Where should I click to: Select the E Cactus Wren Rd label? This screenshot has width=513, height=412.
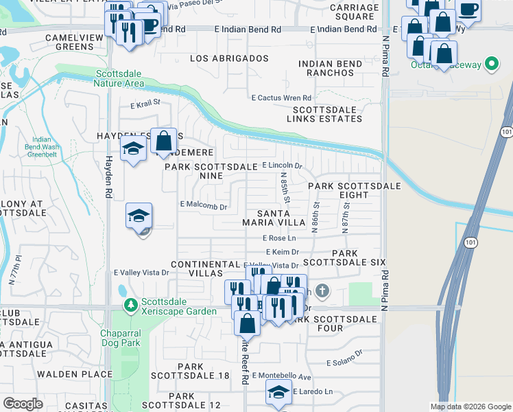(x=281, y=98)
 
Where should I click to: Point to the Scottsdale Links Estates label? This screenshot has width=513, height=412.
(x=327, y=114)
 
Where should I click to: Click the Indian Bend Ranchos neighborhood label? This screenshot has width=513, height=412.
(x=331, y=69)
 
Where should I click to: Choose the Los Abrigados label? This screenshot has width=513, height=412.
(x=228, y=59)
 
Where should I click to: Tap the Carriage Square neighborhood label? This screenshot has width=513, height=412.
(x=354, y=12)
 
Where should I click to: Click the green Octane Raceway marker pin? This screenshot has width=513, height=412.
(x=491, y=65)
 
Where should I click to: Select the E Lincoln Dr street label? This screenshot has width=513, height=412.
(x=283, y=165)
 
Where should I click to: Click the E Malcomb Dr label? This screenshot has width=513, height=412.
(x=203, y=205)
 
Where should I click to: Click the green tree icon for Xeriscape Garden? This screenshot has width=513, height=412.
(x=129, y=304)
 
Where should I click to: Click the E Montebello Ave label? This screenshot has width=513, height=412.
(x=281, y=376)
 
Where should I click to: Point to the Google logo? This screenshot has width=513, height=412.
(x=23, y=404)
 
